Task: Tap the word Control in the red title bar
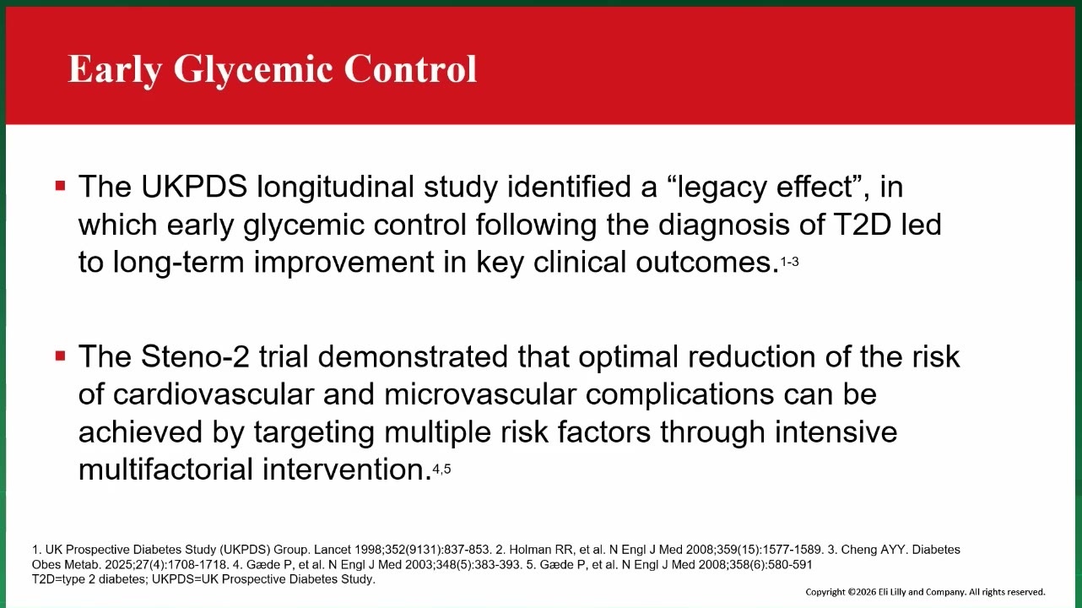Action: (410, 68)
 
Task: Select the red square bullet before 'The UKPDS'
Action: (61, 186)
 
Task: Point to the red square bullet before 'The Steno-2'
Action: (61, 356)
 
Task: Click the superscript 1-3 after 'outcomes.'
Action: (790, 262)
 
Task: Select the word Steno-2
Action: (195, 356)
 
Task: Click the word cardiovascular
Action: (214, 394)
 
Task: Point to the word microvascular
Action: (480, 394)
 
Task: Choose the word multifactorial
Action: (165, 470)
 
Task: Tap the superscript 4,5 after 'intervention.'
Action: (441, 469)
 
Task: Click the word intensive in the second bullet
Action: (836, 432)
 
